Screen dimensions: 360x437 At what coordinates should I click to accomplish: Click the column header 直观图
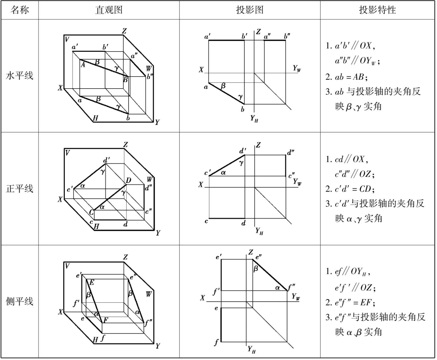[109, 10]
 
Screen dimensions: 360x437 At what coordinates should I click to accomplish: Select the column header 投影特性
[377, 10]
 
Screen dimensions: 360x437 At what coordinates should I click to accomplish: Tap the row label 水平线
[19, 76]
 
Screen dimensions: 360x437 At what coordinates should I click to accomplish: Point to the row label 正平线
[19, 189]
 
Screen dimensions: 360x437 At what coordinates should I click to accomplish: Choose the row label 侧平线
[19, 301]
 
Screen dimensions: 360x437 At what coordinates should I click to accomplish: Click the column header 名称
[19, 10]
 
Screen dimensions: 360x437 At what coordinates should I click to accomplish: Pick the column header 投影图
[250, 10]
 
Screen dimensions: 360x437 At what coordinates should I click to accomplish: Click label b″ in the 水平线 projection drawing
[287, 36]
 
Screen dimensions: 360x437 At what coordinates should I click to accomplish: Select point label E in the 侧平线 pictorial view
[92, 283]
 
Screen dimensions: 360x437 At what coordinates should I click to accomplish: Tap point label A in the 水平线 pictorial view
[83, 65]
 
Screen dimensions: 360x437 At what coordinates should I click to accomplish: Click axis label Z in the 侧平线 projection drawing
[250, 252]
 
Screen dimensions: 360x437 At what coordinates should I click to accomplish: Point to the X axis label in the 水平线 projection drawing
[201, 70]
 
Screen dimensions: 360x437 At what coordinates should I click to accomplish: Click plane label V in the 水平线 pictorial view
[67, 39]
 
